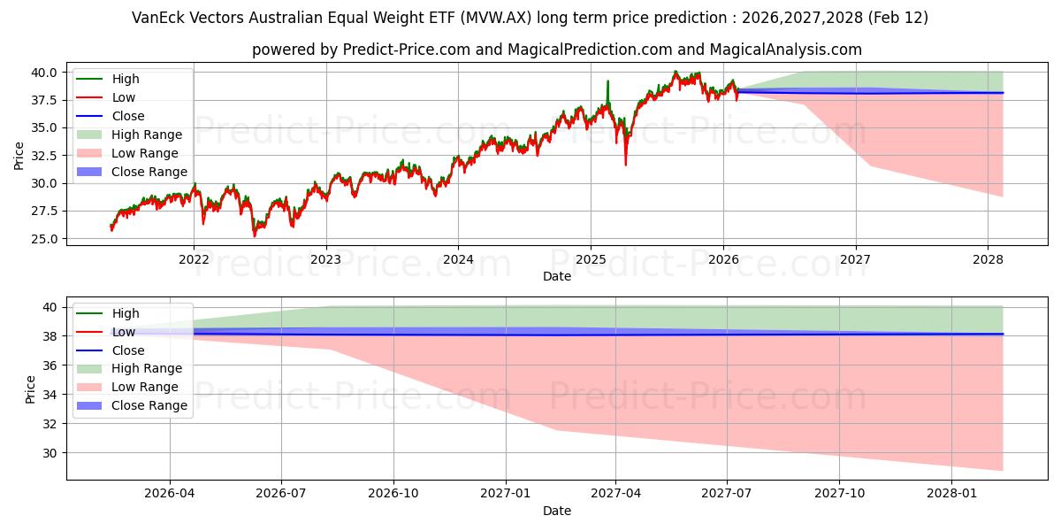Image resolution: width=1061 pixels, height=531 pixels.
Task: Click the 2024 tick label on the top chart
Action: (458, 258)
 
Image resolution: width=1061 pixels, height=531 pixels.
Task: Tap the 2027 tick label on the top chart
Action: (855, 258)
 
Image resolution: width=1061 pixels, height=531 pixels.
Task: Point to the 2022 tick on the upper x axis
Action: (194, 258)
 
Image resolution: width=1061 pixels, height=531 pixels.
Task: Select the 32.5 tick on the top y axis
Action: (44, 155)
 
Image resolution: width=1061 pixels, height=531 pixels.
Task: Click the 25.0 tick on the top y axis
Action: (44, 239)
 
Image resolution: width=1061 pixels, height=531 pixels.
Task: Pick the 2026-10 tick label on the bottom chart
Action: (393, 493)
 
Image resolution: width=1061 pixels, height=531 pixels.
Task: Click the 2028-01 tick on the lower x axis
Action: (952, 493)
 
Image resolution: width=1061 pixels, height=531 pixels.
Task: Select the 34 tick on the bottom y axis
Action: (50, 395)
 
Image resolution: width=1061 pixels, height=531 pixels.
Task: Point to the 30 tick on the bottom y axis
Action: (50, 453)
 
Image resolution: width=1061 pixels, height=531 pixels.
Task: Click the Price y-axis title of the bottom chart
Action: (31, 389)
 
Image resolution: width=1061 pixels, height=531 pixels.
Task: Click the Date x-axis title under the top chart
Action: (557, 276)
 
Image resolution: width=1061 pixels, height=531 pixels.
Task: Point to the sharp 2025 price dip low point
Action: (625, 165)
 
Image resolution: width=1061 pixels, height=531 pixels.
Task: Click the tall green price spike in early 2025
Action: (607, 81)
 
